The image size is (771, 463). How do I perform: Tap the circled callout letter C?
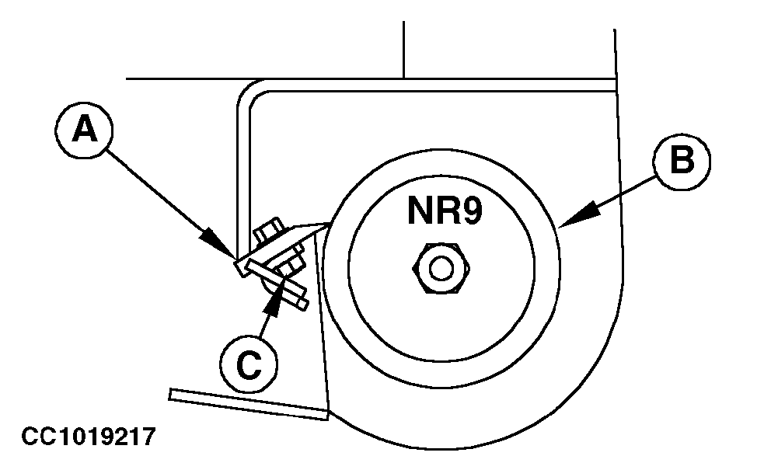click(247, 365)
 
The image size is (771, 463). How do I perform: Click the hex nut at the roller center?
click(441, 269)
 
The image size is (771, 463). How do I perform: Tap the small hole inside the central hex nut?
click(441, 269)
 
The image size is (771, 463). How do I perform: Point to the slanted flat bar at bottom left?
click(249, 404)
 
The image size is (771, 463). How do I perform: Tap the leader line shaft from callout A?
click(163, 194)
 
